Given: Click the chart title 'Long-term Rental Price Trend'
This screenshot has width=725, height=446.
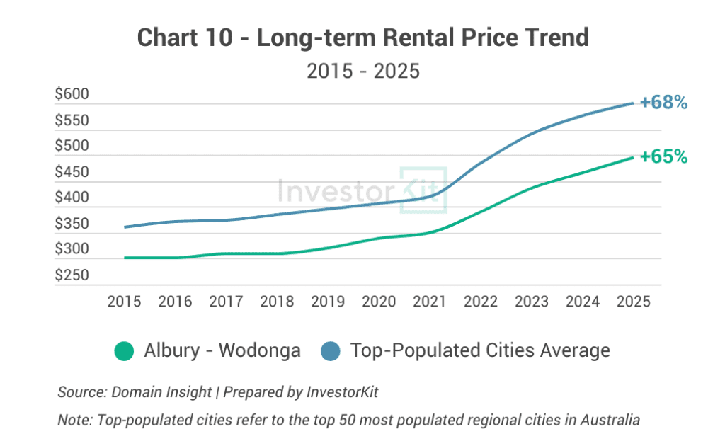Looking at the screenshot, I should point(362,38).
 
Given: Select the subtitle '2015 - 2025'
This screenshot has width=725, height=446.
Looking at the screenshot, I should point(362,72).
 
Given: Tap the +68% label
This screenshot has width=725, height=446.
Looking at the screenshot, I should point(663,103).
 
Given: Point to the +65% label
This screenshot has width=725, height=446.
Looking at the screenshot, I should point(663,156).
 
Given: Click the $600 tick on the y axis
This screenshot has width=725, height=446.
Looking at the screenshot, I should point(72,95).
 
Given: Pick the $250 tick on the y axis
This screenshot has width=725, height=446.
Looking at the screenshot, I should point(72,275).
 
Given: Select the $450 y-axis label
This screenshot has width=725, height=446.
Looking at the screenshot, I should point(72,172).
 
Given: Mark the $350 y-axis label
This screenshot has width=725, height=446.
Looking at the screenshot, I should point(72,224).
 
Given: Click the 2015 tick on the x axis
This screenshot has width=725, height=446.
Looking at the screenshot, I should point(124,302).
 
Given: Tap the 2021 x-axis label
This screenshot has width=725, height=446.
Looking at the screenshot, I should point(430,302).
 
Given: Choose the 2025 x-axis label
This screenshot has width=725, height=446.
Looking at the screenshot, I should point(633,302).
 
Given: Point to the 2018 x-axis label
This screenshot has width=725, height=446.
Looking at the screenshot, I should point(277,302).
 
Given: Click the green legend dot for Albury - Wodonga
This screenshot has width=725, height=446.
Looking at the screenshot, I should point(124,350).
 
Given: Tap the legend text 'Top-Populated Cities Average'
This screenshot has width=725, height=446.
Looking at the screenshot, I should point(480,350).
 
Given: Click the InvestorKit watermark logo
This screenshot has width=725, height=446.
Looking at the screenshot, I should point(362,190).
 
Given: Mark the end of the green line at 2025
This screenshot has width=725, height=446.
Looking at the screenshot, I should point(633,157).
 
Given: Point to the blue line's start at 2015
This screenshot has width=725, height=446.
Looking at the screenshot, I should point(125,227).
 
